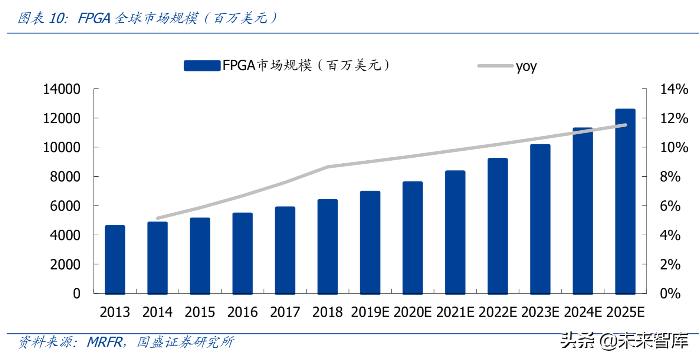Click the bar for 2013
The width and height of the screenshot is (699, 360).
(115, 259)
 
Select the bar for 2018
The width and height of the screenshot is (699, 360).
(328, 246)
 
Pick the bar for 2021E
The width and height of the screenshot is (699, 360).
(455, 232)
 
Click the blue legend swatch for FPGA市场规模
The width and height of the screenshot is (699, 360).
(202, 66)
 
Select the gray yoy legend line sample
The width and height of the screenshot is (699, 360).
(495, 66)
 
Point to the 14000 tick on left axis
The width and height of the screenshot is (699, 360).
(95, 89)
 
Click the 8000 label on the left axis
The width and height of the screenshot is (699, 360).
(65, 177)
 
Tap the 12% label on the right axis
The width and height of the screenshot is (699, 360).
(674, 118)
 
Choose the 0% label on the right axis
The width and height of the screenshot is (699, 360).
(670, 294)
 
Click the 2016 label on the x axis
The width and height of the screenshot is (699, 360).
(242, 312)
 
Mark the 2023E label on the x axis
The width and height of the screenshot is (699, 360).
(540, 312)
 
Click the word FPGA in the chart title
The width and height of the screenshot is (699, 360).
(94, 18)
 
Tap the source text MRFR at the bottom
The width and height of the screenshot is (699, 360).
(105, 342)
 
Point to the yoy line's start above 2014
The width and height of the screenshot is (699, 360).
(158, 218)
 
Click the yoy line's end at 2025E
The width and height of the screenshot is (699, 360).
(626, 125)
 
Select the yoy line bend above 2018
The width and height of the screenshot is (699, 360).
(328, 167)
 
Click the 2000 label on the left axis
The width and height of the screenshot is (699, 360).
(65, 265)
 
